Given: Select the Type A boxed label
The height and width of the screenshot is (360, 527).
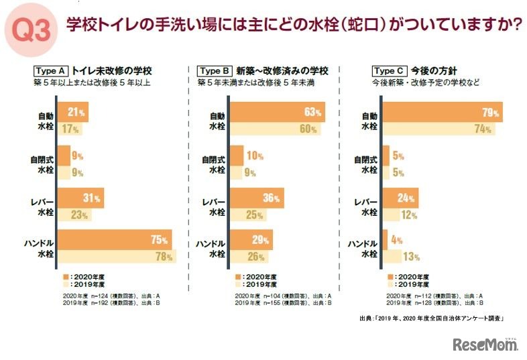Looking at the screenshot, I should click(x=50, y=70).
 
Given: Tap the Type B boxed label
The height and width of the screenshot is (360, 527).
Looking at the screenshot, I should click(x=215, y=70).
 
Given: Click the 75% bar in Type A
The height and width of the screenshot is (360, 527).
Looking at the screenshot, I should click(x=115, y=239).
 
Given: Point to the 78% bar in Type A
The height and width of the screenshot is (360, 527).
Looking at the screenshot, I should click(x=117, y=255).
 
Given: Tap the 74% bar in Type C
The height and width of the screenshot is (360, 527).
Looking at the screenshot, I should click(x=438, y=129).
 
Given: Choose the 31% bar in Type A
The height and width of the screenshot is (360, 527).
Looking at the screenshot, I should click(x=80, y=197).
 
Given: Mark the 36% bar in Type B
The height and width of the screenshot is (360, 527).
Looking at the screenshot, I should click(x=257, y=197).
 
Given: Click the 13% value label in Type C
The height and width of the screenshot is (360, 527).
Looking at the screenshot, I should click(x=412, y=255).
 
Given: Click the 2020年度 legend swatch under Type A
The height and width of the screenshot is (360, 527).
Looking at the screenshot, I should click(x=65, y=276).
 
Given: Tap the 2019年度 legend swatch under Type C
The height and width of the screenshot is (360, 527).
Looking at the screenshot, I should click(x=390, y=284).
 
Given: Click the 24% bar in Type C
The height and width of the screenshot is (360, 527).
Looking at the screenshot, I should click(x=400, y=197).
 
